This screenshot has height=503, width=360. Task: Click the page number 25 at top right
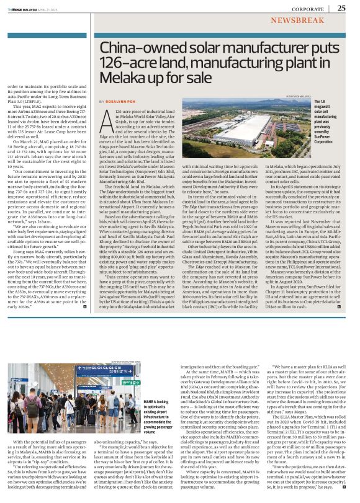tap(342, 7)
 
